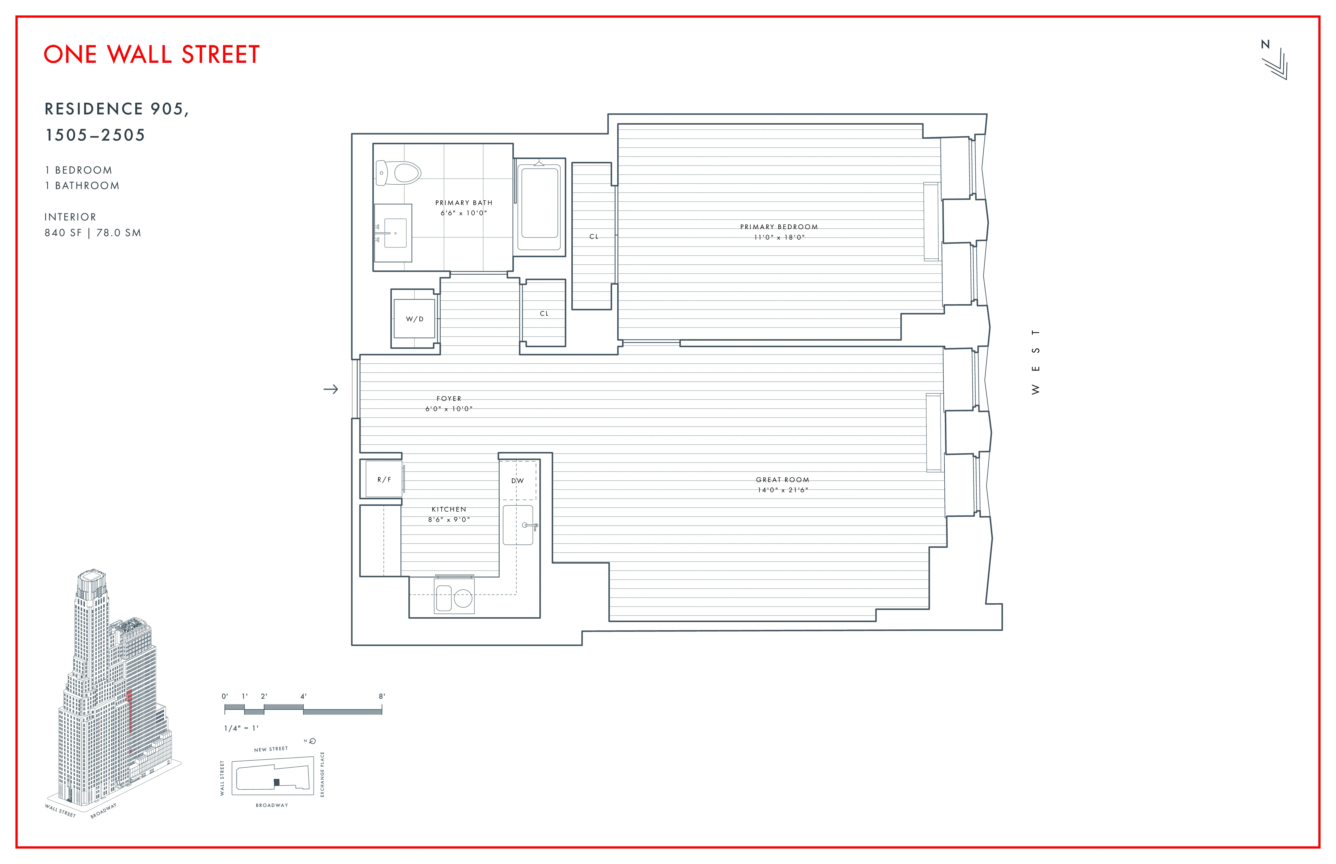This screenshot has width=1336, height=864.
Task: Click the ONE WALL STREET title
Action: coord(152,54)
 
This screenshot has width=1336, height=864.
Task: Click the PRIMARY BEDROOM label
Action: coord(779,227)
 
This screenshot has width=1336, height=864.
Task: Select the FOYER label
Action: coord(448,398)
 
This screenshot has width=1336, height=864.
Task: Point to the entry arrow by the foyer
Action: coord(331,389)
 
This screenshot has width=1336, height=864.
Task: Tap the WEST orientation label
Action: coord(1036,362)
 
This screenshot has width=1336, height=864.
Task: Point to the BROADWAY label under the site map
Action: coord(272,805)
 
